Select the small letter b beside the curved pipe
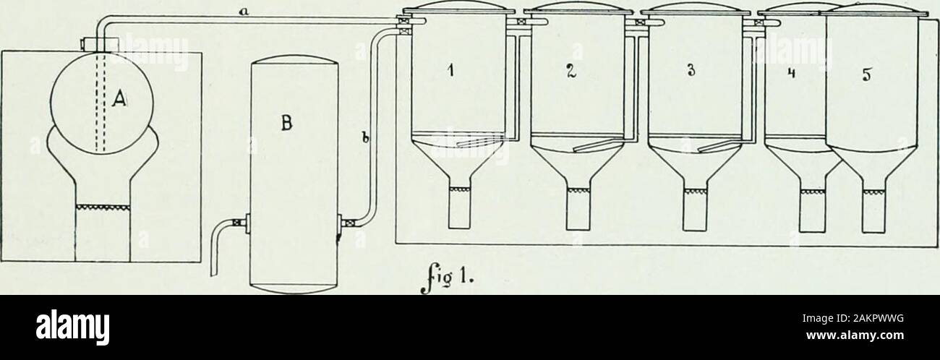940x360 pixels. point(365,137)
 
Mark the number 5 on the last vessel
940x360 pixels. point(868,75)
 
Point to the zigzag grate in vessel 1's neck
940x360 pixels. point(460,189)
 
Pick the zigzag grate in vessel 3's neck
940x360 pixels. point(695,191)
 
